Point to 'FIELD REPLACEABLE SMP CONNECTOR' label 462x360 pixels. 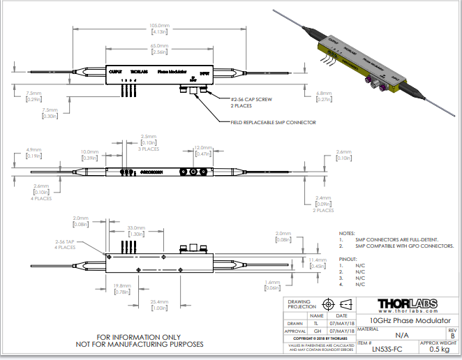click(273, 122)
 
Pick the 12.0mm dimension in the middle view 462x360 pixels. click(202, 148)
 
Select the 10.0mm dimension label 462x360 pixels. click(89, 151)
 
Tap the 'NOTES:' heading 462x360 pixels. click(346, 233)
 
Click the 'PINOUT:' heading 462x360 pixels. click(347, 258)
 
